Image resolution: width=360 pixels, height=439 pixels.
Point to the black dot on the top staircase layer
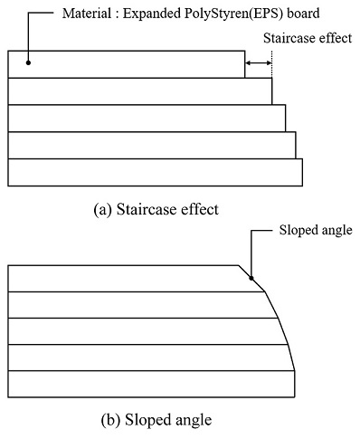pyautogui.click(x=29, y=62)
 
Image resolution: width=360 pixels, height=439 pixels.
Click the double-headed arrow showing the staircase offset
pyautogui.click(x=258, y=62)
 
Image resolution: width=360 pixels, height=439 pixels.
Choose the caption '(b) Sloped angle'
pyautogui.click(x=156, y=420)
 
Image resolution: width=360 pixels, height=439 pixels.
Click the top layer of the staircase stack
pyautogui.click(x=127, y=64)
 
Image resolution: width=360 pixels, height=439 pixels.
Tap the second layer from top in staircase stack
pyautogui.click(x=140, y=91)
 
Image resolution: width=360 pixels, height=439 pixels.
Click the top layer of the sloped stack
pyautogui.click(x=127, y=278)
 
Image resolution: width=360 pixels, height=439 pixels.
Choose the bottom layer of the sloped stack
pyautogui.click(x=149, y=383)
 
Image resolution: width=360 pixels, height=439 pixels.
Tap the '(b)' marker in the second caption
pyautogui.click(x=109, y=420)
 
